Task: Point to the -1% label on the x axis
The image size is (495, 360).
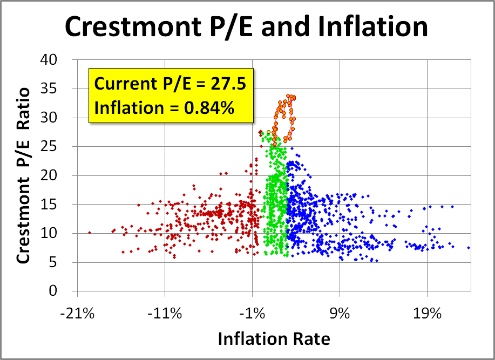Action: (252, 313)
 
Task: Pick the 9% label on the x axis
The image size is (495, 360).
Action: (340, 313)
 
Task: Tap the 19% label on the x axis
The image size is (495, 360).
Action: (427, 313)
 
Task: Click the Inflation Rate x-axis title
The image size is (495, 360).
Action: (274, 339)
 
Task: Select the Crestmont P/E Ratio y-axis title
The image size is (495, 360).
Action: (23, 175)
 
